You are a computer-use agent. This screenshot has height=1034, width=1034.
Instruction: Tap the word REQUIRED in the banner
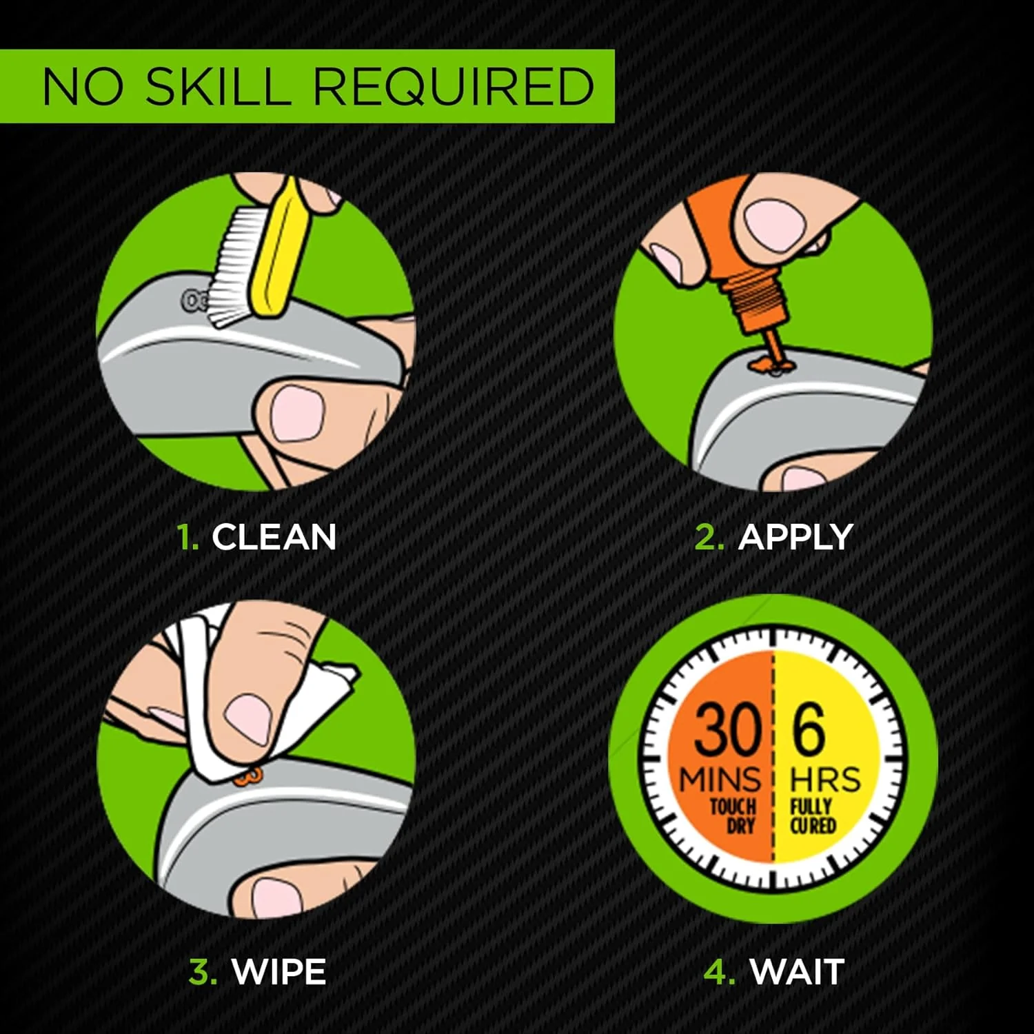pyautogui.click(x=455, y=86)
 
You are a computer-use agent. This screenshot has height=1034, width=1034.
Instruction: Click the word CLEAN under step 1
pyautogui.click(x=274, y=537)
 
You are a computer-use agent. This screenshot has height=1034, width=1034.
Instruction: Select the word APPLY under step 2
pyautogui.click(x=795, y=537)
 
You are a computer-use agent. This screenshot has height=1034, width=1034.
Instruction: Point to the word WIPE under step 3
pyautogui.click(x=278, y=972)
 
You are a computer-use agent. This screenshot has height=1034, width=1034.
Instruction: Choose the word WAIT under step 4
pyautogui.click(x=797, y=972)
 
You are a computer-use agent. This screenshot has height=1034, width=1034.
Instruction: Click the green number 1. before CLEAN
pyautogui.click(x=187, y=537)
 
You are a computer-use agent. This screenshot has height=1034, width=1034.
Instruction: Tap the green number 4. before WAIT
pyautogui.click(x=719, y=972)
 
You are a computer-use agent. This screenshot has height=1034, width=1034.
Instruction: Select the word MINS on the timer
pyautogui.click(x=720, y=780)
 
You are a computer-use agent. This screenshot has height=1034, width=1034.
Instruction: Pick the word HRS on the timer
pyautogui.click(x=826, y=780)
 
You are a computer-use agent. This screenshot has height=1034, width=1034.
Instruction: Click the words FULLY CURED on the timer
pyautogui.click(x=813, y=815)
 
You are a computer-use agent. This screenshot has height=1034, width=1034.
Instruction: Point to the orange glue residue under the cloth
pyautogui.click(x=248, y=777)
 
